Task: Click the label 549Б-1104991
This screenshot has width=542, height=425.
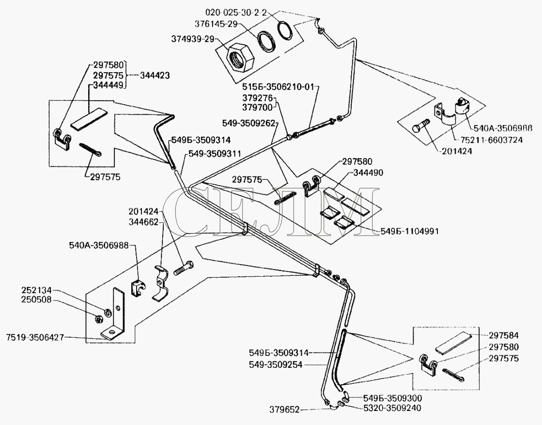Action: pos(411,232)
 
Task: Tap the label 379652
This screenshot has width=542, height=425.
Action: pos(285,410)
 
